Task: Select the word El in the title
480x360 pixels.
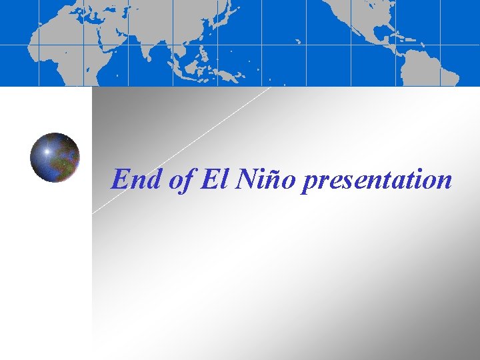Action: coord(217,179)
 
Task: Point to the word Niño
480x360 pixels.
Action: coord(267,179)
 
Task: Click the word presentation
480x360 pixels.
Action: coord(377,181)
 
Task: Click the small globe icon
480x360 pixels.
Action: coord(55,157)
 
